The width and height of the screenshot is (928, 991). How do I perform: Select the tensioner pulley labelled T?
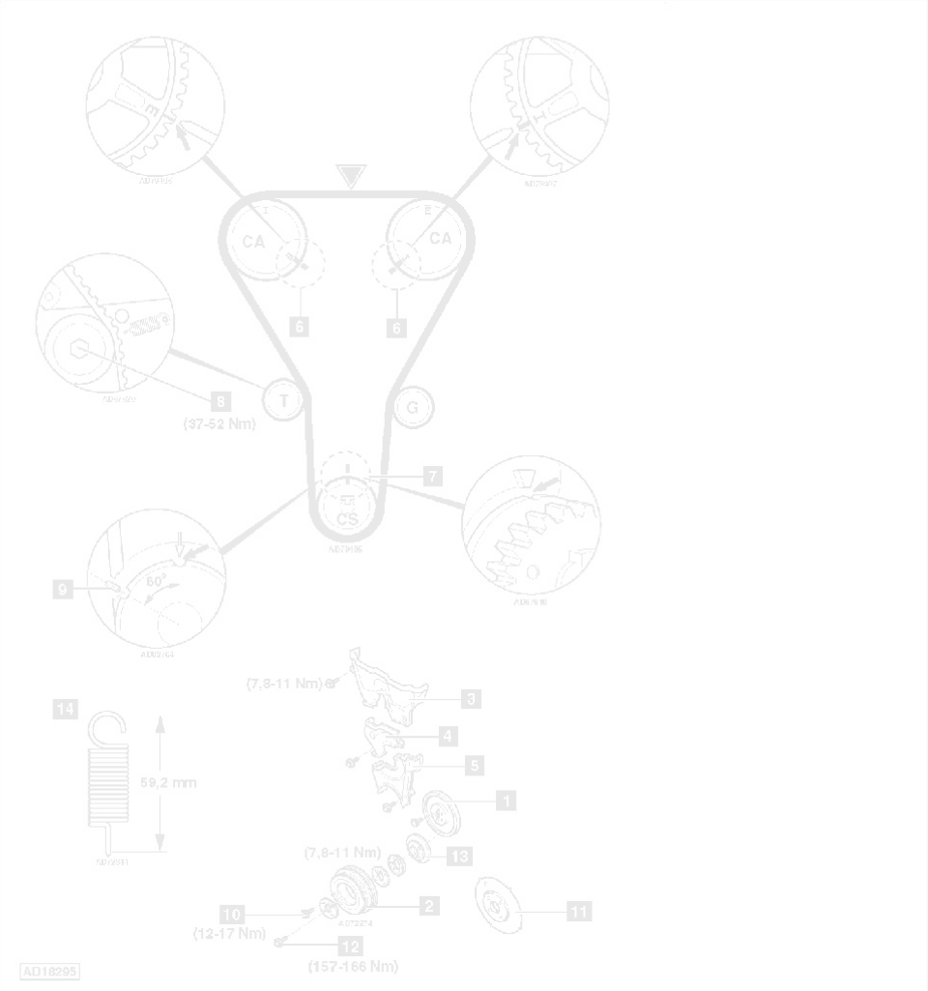coord(284,399)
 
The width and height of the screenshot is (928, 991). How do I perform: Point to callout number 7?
coord(432,476)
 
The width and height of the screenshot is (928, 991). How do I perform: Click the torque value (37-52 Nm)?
coord(217,422)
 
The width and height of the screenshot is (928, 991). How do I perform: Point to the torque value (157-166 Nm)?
coord(353,966)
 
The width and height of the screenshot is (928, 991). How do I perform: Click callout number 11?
coord(580,910)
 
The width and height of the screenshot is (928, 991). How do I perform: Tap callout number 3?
coord(471,696)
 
